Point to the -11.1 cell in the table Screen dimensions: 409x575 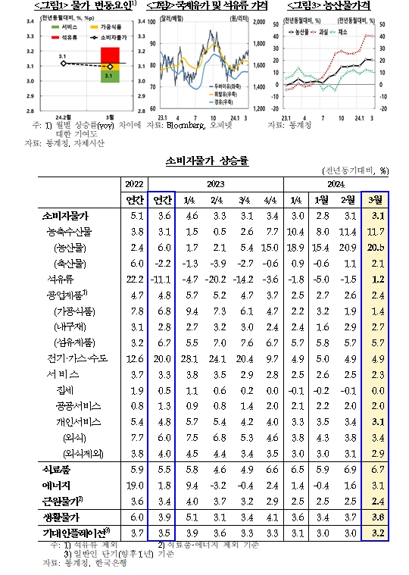point(162,278)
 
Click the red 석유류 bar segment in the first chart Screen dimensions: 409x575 point(109,55)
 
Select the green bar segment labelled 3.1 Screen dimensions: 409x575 point(109,77)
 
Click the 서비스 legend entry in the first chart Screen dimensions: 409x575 point(62,28)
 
